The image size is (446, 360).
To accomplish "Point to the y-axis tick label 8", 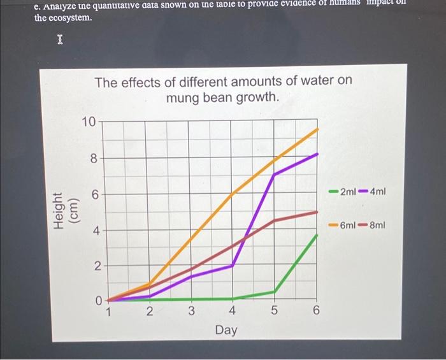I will [x=93, y=159].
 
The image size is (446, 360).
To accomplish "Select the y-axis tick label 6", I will [x=93, y=194].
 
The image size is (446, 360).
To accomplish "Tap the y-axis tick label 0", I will [x=93, y=300].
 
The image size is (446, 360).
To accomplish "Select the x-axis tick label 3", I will [x=191, y=312].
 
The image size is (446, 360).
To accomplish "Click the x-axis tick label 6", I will [x=317, y=312].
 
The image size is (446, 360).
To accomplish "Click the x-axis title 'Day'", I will [x=226, y=330].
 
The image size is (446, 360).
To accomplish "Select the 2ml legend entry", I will [x=343, y=191].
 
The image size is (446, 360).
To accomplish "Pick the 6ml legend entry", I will [x=343, y=225].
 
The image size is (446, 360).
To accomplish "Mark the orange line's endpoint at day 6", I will [x=317, y=129].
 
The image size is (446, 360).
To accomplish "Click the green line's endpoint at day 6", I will [x=317, y=235].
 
